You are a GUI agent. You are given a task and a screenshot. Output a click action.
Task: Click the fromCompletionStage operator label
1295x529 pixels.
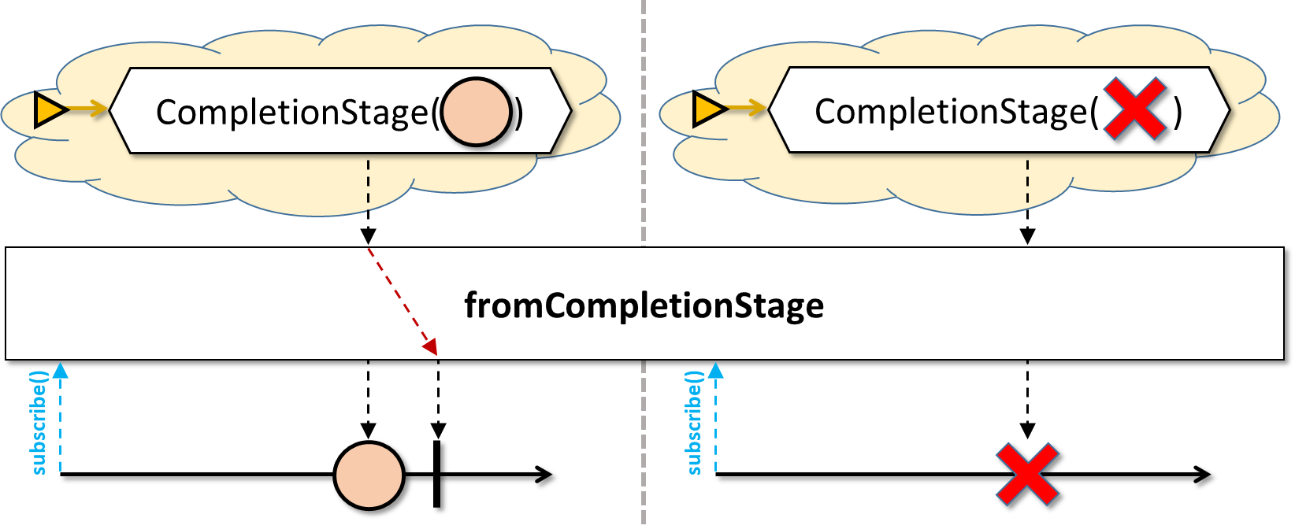coord(644,305)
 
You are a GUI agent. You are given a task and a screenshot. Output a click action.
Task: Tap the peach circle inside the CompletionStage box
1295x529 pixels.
coord(476,112)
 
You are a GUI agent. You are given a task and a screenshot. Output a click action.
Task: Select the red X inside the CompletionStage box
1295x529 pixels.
coord(1134,109)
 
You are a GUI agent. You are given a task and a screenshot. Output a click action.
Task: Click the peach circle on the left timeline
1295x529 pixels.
coord(369,475)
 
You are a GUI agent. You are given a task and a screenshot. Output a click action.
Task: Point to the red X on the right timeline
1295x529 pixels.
coord(1027,475)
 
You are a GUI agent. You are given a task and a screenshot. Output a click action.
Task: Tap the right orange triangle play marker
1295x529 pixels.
coord(709,109)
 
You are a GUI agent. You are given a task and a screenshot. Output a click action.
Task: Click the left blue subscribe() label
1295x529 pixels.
coord(39,423)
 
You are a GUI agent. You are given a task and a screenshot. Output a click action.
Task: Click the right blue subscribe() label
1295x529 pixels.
coord(694,423)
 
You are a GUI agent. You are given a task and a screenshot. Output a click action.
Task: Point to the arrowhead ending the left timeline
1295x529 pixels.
coord(544,475)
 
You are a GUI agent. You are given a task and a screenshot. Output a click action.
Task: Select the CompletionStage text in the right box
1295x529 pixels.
coord(951,111)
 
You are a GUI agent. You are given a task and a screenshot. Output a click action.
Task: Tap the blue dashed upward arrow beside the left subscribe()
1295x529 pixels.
coord(61,417)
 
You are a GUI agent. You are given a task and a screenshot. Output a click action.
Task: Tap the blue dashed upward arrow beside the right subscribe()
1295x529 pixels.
coord(715,417)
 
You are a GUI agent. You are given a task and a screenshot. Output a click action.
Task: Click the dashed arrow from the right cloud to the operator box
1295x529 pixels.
coord(1027,201)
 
